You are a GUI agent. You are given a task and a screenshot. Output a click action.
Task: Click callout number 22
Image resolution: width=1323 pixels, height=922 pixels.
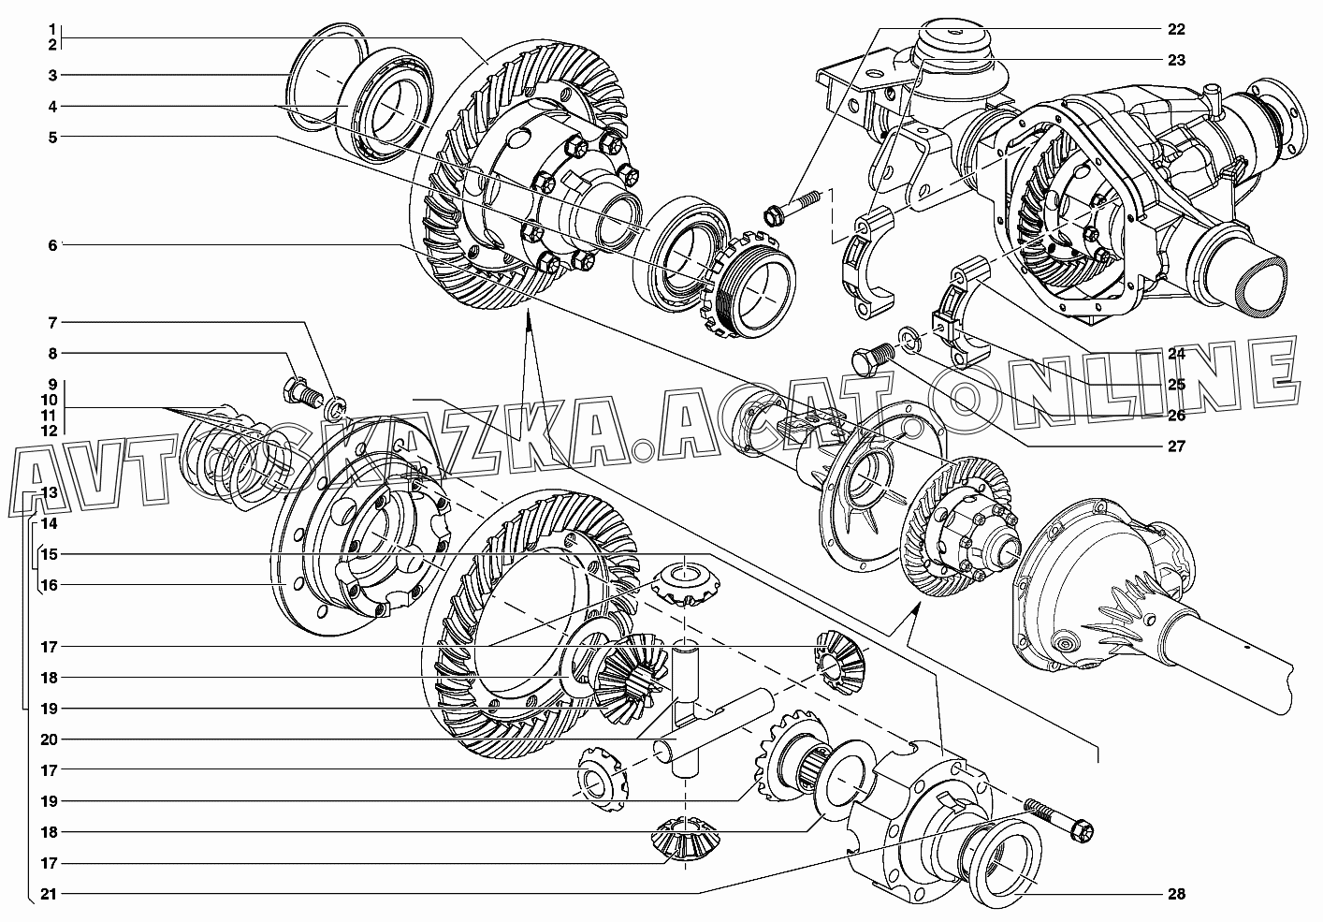pyautogui.click(x=1176, y=28)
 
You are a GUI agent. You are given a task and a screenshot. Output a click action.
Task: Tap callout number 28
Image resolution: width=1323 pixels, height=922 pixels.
pyautogui.click(x=1176, y=894)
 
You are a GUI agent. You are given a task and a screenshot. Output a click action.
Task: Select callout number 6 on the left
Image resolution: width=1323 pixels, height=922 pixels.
pyautogui.click(x=53, y=245)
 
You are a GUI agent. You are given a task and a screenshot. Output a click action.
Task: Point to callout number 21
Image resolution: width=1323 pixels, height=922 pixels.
pyautogui.click(x=50, y=894)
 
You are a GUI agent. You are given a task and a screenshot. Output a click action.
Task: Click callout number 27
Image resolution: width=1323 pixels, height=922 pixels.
pyautogui.click(x=1176, y=446)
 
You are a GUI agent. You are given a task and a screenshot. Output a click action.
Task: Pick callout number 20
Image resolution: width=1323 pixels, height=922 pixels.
pyautogui.click(x=50, y=739)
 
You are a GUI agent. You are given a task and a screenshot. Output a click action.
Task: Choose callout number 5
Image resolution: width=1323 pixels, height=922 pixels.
pyautogui.click(x=53, y=138)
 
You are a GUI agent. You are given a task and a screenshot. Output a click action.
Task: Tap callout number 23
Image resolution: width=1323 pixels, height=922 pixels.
pyautogui.click(x=1176, y=60)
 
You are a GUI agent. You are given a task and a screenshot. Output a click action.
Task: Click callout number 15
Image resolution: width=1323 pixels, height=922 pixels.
pyautogui.click(x=50, y=554)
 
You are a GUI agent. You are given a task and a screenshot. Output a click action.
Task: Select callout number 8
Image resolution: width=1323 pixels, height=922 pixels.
pyautogui.click(x=53, y=354)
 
